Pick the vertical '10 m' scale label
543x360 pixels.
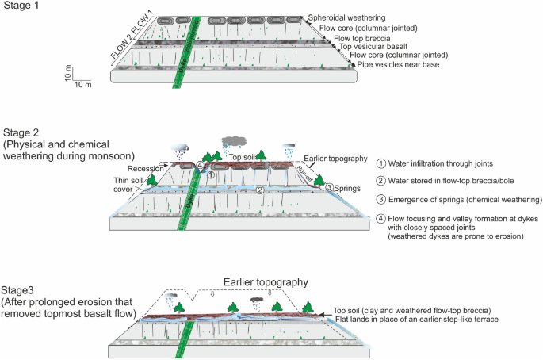(67, 72)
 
